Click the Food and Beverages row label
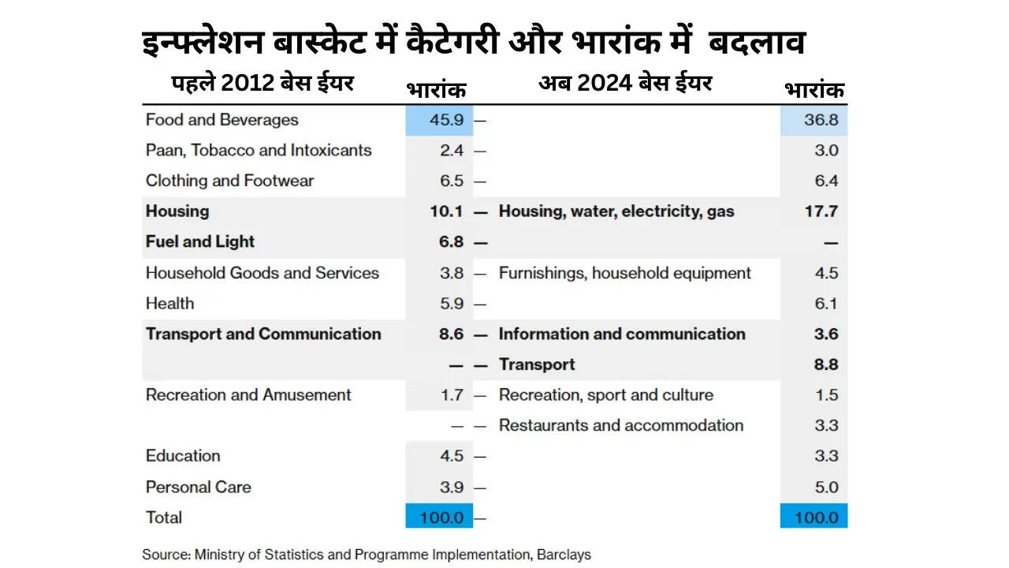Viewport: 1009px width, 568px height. (222, 120)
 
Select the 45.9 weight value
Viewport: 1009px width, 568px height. (452, 121)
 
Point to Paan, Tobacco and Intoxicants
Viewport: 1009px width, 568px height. (259, 151)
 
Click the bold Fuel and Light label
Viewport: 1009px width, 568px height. (200, 242)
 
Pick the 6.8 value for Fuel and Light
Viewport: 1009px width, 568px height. (451, 242)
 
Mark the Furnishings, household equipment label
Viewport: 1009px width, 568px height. (624, 273)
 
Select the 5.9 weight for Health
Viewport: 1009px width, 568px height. (452, 304)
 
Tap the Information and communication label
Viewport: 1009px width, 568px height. (621, 334)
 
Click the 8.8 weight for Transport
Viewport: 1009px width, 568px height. (826, 364)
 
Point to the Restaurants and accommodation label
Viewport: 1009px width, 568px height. (620, 425)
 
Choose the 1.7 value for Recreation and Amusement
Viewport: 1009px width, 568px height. (452, 395)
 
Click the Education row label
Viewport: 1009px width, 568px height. (183, 456)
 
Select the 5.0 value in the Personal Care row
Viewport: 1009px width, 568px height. (826, 487)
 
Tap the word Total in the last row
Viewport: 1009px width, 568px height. (164, 518)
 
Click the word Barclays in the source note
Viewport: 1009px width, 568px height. (564, 555)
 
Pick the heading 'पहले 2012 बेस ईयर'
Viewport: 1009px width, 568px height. (263, 83)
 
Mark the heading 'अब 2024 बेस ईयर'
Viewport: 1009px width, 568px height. (625, 83)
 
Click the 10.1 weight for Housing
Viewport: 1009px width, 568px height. (449, 211)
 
